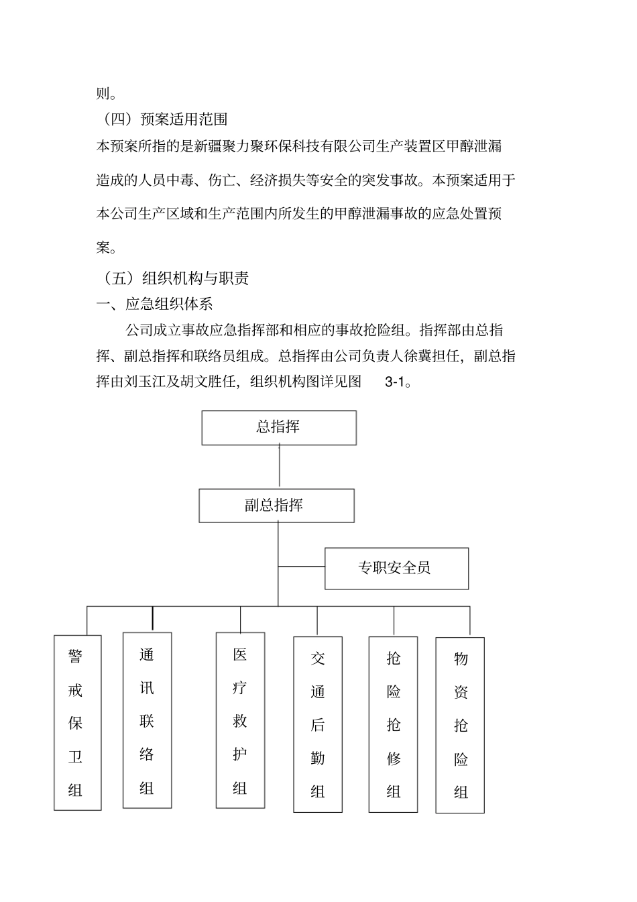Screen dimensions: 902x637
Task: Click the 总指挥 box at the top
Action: [x=279, y=428]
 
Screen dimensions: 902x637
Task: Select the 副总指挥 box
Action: [x=276, y=506]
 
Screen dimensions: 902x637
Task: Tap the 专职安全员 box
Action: [x=396, y=569]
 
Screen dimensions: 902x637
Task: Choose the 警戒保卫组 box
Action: [x=77, y=722]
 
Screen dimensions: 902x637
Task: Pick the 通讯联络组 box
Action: [x=147, y=720]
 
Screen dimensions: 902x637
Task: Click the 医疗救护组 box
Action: [x=240, y=720]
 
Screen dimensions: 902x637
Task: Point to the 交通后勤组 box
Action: [x=318, y=724]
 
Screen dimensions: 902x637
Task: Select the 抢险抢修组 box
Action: [x=394, y=724]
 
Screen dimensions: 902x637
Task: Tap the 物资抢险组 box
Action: [x=460, y=725]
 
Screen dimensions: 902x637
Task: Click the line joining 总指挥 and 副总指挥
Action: [x=279, y=467]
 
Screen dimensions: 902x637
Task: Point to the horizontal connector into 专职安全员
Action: [x=302, y=567]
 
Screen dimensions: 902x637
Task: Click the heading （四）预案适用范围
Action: [x=162, y=119]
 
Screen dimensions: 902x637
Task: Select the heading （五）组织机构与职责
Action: [x=173, y=278]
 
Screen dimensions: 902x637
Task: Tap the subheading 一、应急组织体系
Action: [x=155, y=304]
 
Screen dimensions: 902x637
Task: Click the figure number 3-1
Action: [x=396, y=382]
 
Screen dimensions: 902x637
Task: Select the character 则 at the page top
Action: [x=103, y=93]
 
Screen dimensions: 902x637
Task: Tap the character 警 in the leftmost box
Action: [x=76, y=657]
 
